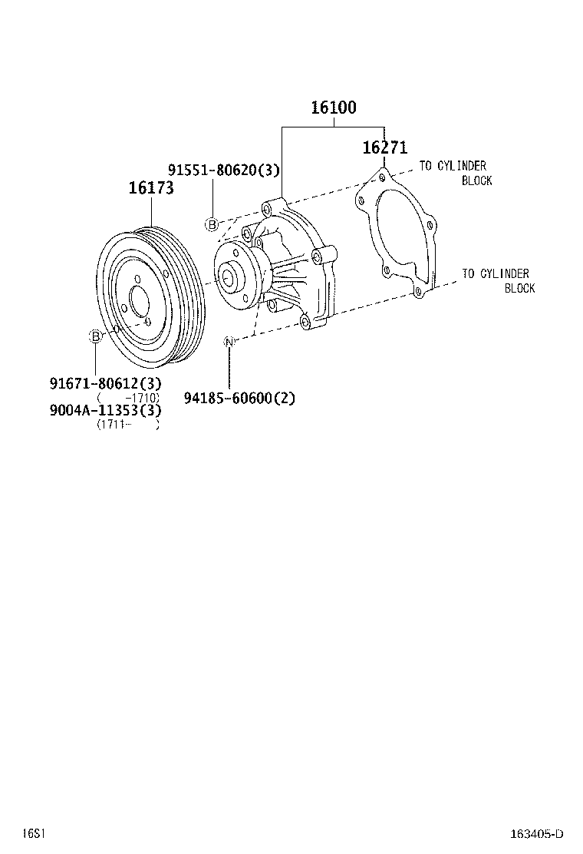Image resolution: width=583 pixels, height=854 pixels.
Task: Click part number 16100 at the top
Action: click(333, 108)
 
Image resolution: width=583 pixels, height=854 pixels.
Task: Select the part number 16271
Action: click(384, 147)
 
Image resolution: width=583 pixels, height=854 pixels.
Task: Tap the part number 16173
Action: click(150, 188)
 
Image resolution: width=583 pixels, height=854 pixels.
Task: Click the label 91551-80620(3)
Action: click(223, 170)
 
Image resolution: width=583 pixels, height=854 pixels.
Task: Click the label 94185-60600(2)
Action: click(239, 398)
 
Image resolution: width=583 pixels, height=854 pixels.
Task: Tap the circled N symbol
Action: click(229, 341)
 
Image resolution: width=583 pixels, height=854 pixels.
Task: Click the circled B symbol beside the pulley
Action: click(95, 336)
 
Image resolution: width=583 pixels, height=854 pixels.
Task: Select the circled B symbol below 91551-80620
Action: click(212, 224)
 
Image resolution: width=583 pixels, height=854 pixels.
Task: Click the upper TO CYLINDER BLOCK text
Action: click(456, 173)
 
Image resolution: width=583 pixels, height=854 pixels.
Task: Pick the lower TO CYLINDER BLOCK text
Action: click(498, 280)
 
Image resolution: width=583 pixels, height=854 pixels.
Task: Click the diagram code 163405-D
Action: click(537, 834)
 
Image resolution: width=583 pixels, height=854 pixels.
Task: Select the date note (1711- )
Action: click(127, 424)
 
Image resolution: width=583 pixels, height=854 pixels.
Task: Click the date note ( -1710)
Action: click(127, 397)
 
